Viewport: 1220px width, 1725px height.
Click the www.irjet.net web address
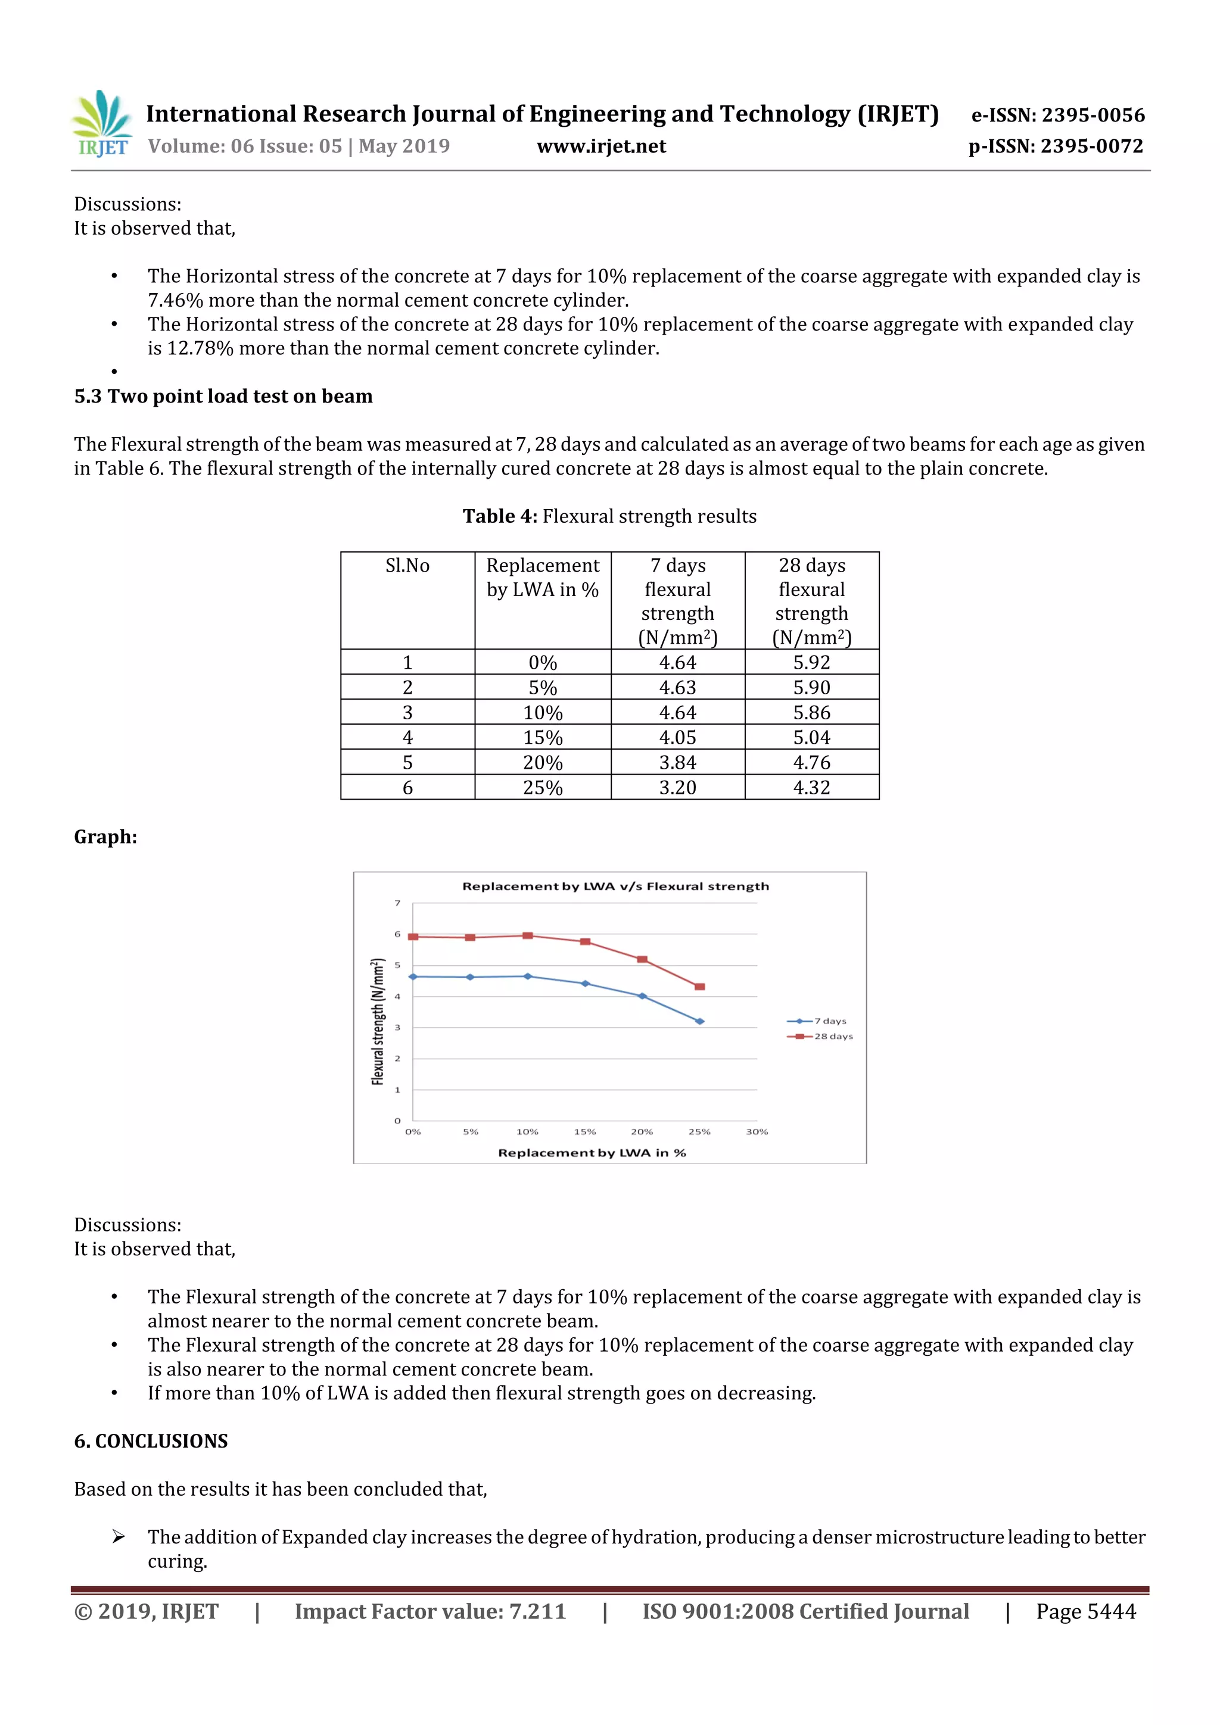tap(600, 146)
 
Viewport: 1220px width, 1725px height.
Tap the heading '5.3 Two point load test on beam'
tap(223, 397)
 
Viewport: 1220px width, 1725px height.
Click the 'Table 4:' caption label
tap(499, 516)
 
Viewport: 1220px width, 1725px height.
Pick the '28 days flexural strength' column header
tap(811, 600)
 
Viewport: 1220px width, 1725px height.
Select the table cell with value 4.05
tap(677, 737)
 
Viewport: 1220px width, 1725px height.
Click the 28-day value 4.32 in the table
tap(811, 787)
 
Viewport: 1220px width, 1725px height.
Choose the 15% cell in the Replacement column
tap(543, 737)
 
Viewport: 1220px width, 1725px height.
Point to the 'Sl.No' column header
tap(407, 566)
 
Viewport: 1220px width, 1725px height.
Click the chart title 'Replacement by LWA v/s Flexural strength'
tap(615, 887)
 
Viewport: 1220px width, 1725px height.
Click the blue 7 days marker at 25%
tap(700, 1021)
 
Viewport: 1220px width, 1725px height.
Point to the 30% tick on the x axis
tap(757, 1131)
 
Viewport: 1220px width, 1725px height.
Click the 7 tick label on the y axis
tap(398, 903)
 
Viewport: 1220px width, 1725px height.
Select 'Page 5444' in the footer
tap(1085, 1611)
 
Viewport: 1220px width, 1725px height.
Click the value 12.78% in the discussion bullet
tap(200, 348)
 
